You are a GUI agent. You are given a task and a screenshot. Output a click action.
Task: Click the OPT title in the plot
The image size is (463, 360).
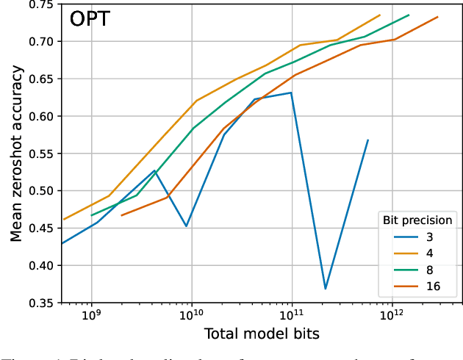point(90,19)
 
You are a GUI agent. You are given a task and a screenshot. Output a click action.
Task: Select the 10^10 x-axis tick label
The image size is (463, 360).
point(192,317)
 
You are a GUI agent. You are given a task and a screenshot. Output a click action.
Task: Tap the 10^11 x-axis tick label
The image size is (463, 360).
point(292,317)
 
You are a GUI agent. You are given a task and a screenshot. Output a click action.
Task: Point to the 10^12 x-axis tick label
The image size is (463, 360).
point(392,317)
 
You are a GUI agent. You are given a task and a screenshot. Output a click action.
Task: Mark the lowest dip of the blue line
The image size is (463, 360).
point(325,289)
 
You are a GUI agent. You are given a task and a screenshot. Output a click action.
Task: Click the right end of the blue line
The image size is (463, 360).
point(368,140)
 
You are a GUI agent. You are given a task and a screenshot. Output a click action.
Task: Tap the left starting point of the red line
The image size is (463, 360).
point(121,215)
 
